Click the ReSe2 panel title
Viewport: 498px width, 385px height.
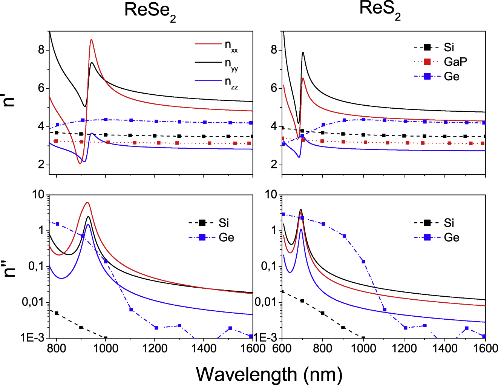[x=150, y=11]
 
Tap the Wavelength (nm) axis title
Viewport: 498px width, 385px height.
[x=269, y=374]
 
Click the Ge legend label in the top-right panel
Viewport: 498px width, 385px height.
[x=451, y=76]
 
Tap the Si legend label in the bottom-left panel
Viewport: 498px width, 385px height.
[x=224, y=223]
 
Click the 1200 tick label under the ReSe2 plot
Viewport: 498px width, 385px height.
[x=155, y=348]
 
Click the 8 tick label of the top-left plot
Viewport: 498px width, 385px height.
[x=41, y=50]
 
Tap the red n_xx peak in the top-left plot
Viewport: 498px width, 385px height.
[x=91, y=40]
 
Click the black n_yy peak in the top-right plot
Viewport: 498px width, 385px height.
[x=303, y=52]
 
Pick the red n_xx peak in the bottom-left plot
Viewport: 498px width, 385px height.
[x=87, y=203]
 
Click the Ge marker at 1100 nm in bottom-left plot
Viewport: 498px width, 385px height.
[x=131, y=310]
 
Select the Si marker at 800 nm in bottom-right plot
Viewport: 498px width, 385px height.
[x=323, y=313]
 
